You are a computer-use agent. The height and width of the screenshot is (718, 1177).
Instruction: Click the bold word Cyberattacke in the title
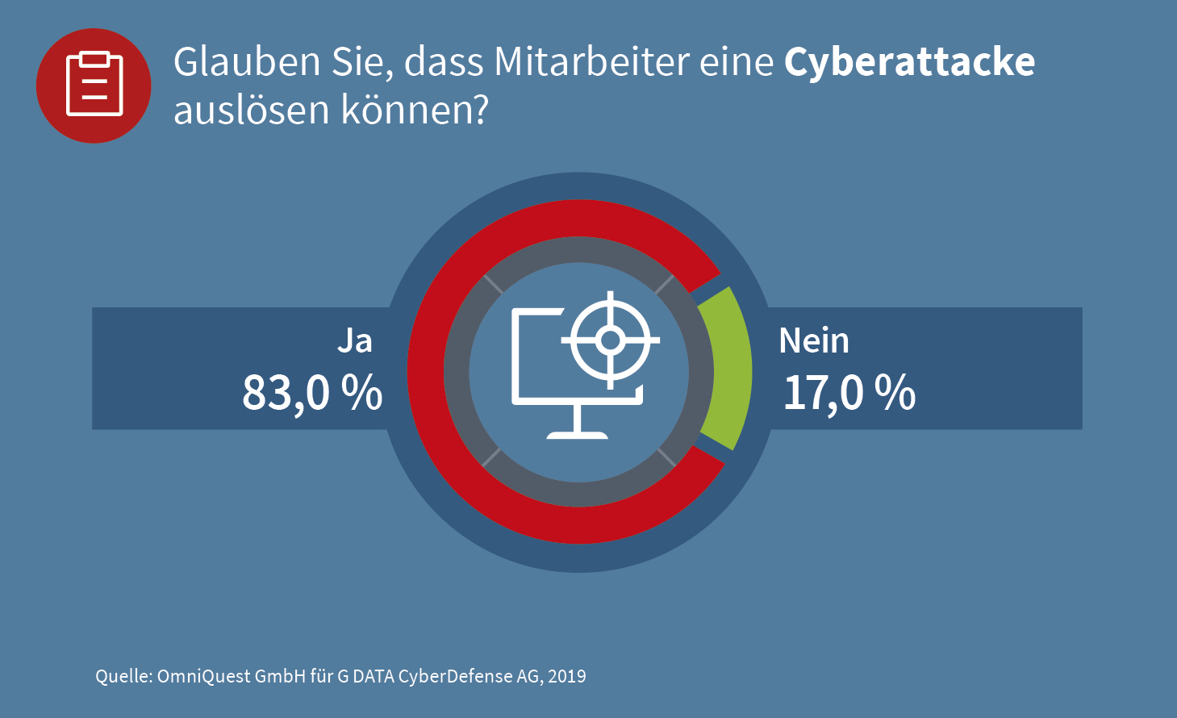909,63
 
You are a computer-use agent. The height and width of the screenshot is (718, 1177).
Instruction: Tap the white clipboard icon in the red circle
94,85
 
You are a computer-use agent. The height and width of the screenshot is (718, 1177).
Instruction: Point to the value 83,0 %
312,393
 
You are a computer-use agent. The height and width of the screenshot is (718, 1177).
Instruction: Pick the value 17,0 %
849,393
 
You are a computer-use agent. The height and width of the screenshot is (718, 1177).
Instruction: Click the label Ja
355,340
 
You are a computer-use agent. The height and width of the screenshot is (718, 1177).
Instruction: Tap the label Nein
813,340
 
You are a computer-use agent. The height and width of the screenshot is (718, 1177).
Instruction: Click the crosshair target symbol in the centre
611,340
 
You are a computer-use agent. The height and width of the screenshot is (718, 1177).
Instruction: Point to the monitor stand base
578,434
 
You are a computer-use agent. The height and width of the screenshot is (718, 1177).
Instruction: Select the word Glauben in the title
247,63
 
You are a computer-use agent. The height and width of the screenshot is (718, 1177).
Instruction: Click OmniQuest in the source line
203,676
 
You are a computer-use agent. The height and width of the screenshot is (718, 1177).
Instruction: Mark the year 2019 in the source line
566,676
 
